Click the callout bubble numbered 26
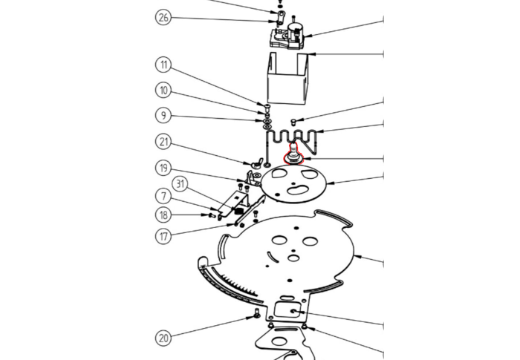coord(163,18)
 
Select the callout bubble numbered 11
coord(163,65)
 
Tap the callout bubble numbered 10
coord(163,90)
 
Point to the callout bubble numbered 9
coord(163,115)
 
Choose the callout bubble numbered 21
coord(163,143)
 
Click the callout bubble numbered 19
coord(163,168)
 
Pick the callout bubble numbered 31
coord(180,183)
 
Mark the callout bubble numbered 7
coord(163,197)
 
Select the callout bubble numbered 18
coord(163,215)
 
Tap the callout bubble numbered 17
coord(163,236)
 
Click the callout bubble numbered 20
coord(163,338)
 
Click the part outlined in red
coord(293,155)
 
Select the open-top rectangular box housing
coord(288,78)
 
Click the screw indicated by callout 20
coord(256,313)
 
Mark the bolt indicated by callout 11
coord(267,107)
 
